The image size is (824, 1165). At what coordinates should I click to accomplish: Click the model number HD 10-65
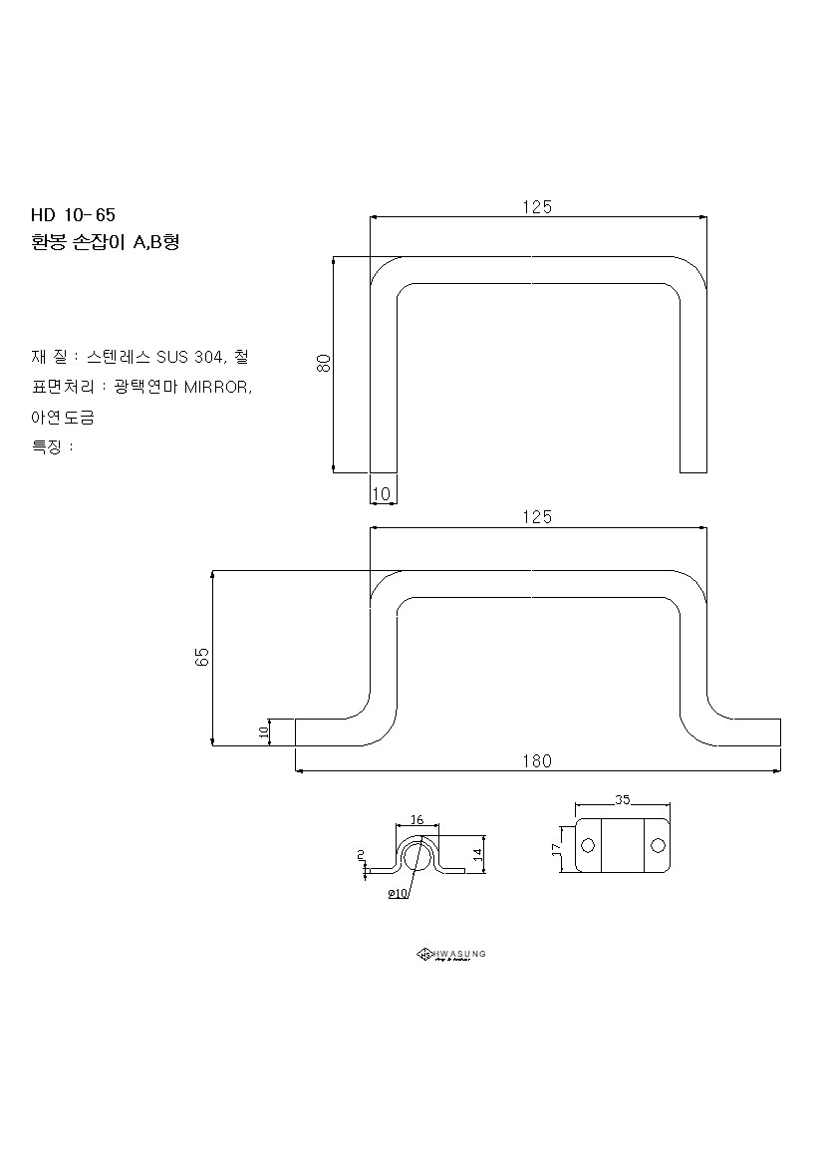pyautogui.click(x=73, y=215)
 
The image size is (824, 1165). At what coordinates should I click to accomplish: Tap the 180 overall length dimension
pyautogui.click(x=536, y=761)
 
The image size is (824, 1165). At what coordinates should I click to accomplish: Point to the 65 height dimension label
pyautogui.click(x=202, y=657)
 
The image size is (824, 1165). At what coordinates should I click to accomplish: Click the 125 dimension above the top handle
pyautogui.click(x=537, y=207)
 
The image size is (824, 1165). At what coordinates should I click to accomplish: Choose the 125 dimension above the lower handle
pyautogui.click(x=537, y=517)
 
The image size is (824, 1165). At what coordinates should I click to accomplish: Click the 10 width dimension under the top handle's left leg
pyautogui.click(x=382, y=493)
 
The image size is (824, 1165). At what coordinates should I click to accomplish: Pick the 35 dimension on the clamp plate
pyautogui.click(x=623, y=799)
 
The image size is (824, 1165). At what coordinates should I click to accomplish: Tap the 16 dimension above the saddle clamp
pyautogui.click(x=416, y=819)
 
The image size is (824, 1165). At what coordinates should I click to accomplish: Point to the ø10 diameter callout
pyautogui.click(x=399, y=894)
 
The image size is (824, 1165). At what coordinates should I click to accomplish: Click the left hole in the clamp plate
pyautogui.click(x=588, y=846)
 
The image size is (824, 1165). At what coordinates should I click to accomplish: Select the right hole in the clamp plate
pyautogui.click(x=657, y=846)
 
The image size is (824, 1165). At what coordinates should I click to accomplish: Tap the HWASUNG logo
pyautogui.click(x=450, y=955)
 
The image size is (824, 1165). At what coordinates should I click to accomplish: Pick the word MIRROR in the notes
pyautogui.click(x=217, y=387)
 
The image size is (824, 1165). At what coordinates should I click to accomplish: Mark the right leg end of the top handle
pyautogui.click(x=693, y=468)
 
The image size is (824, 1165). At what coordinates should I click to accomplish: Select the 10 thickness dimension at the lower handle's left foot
pyautogui.click(x=264, y=731)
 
